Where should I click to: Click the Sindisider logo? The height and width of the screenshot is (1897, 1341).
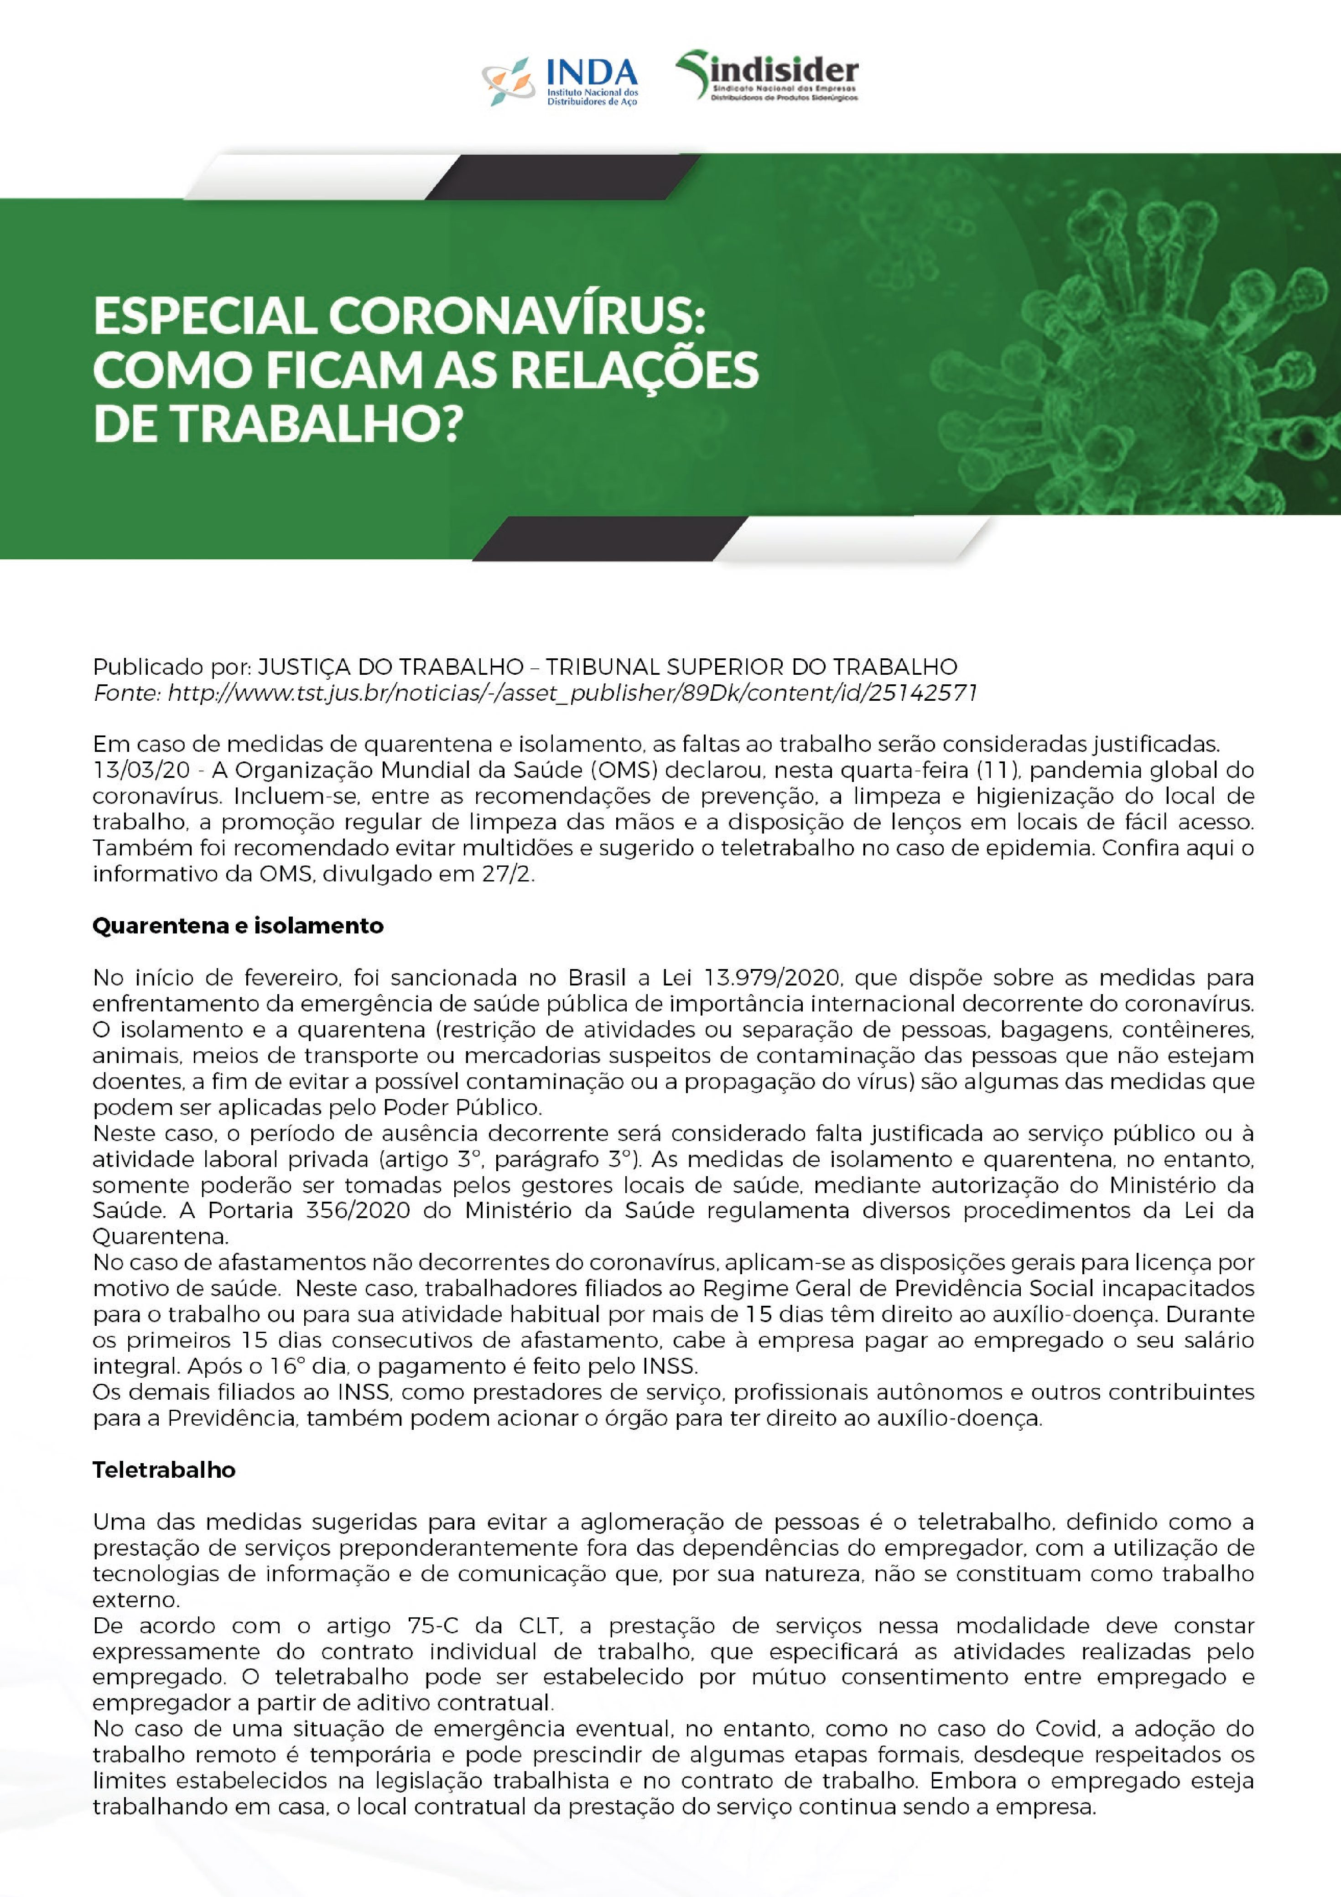767,76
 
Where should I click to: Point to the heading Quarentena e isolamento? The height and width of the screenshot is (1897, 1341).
238,925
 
